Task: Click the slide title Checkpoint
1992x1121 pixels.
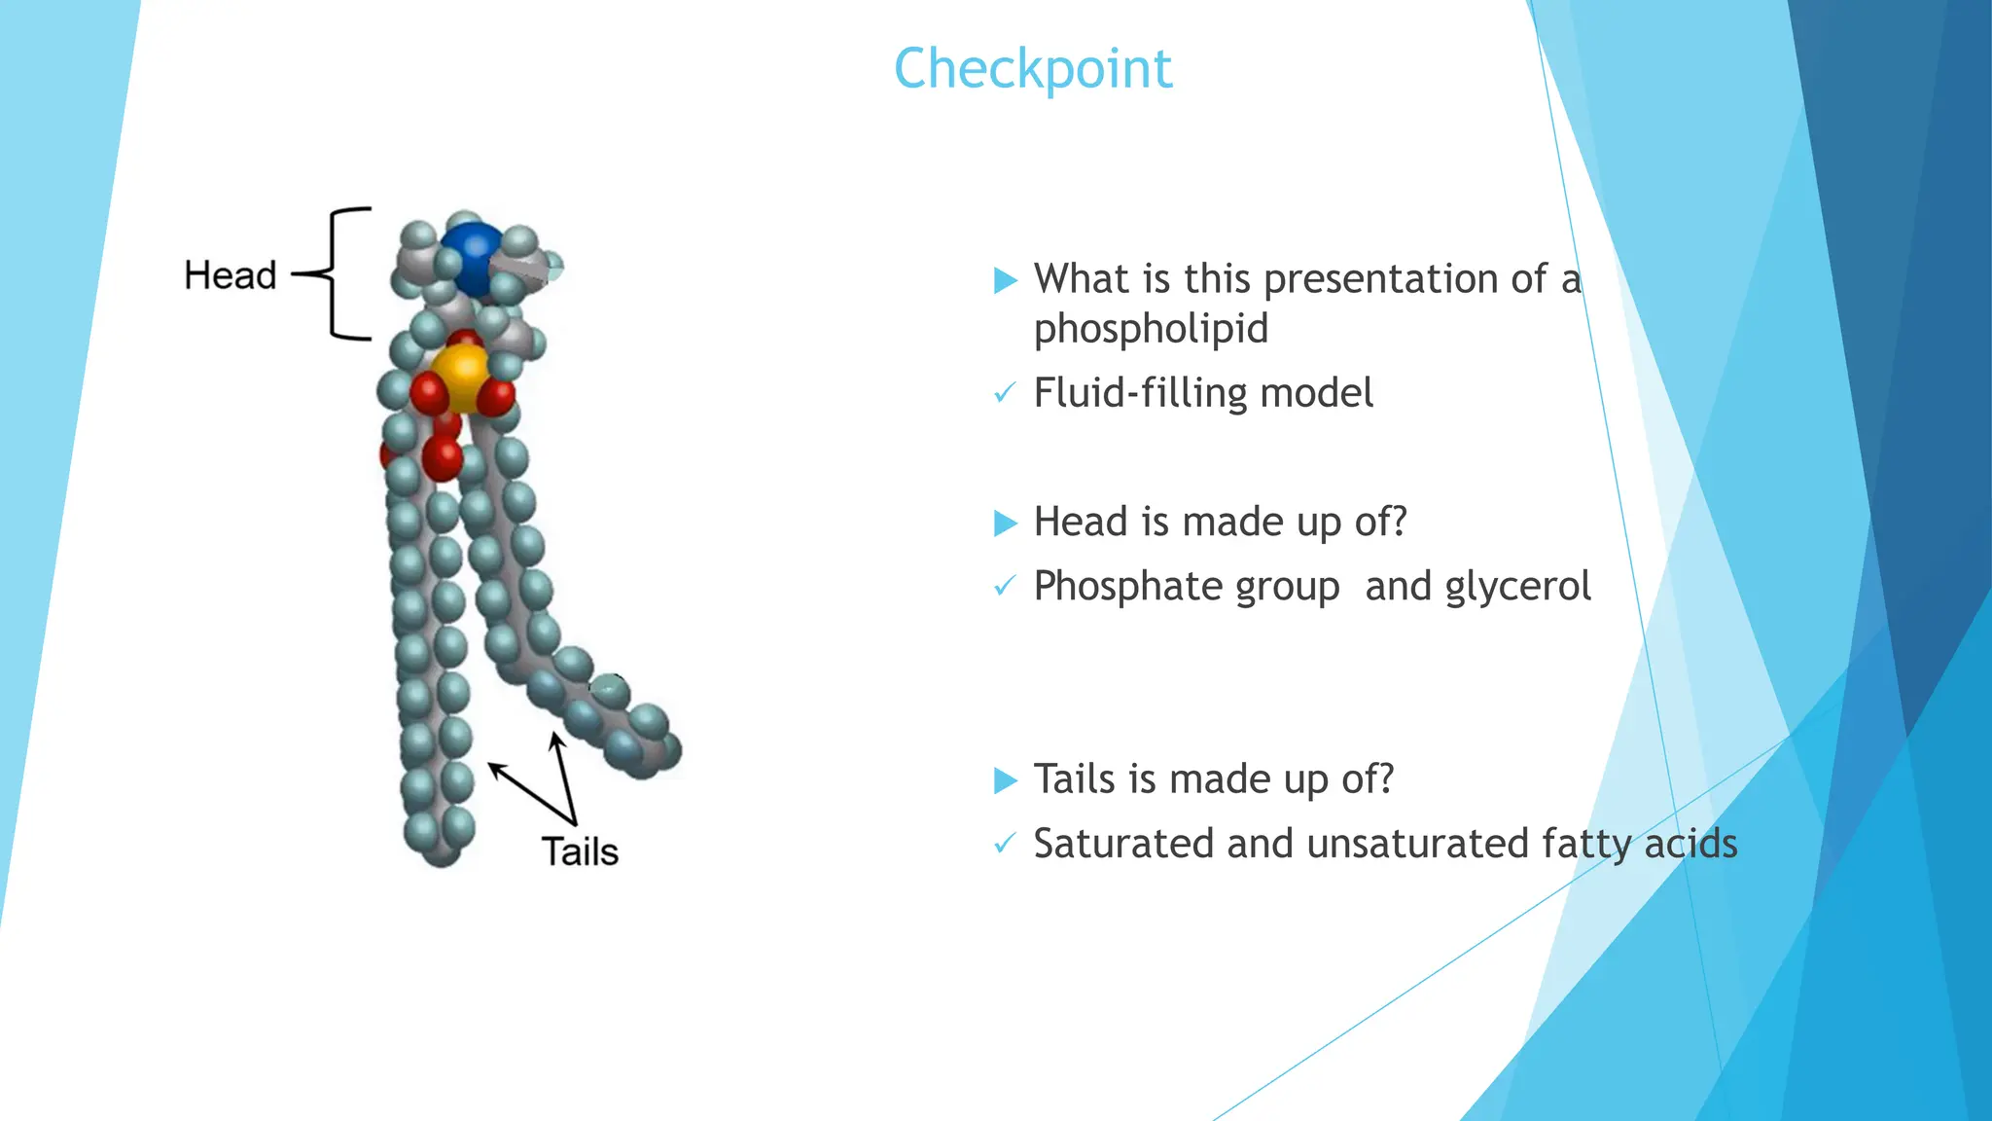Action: (x=1033, y=69)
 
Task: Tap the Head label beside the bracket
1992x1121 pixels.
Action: (x=231, y=275)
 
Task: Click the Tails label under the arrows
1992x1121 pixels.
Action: (x=580, y=851)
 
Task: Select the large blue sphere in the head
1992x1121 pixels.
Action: (x=472, y=258)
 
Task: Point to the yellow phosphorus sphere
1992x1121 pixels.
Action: (x=460, y=377)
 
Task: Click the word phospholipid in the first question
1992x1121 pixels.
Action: (x=1151, y=329)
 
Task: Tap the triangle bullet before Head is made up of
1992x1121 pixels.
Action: (x=1005, y=524)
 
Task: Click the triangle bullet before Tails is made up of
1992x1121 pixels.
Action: (x=1005, y=780)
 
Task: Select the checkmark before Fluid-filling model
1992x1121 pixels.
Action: (x=1004, y=394)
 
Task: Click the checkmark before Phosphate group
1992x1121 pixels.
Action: (x=1004, y=587)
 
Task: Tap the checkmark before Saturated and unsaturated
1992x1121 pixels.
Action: (x=1004, y=844)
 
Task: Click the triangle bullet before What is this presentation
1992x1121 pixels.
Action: (x=1005, y=281)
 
